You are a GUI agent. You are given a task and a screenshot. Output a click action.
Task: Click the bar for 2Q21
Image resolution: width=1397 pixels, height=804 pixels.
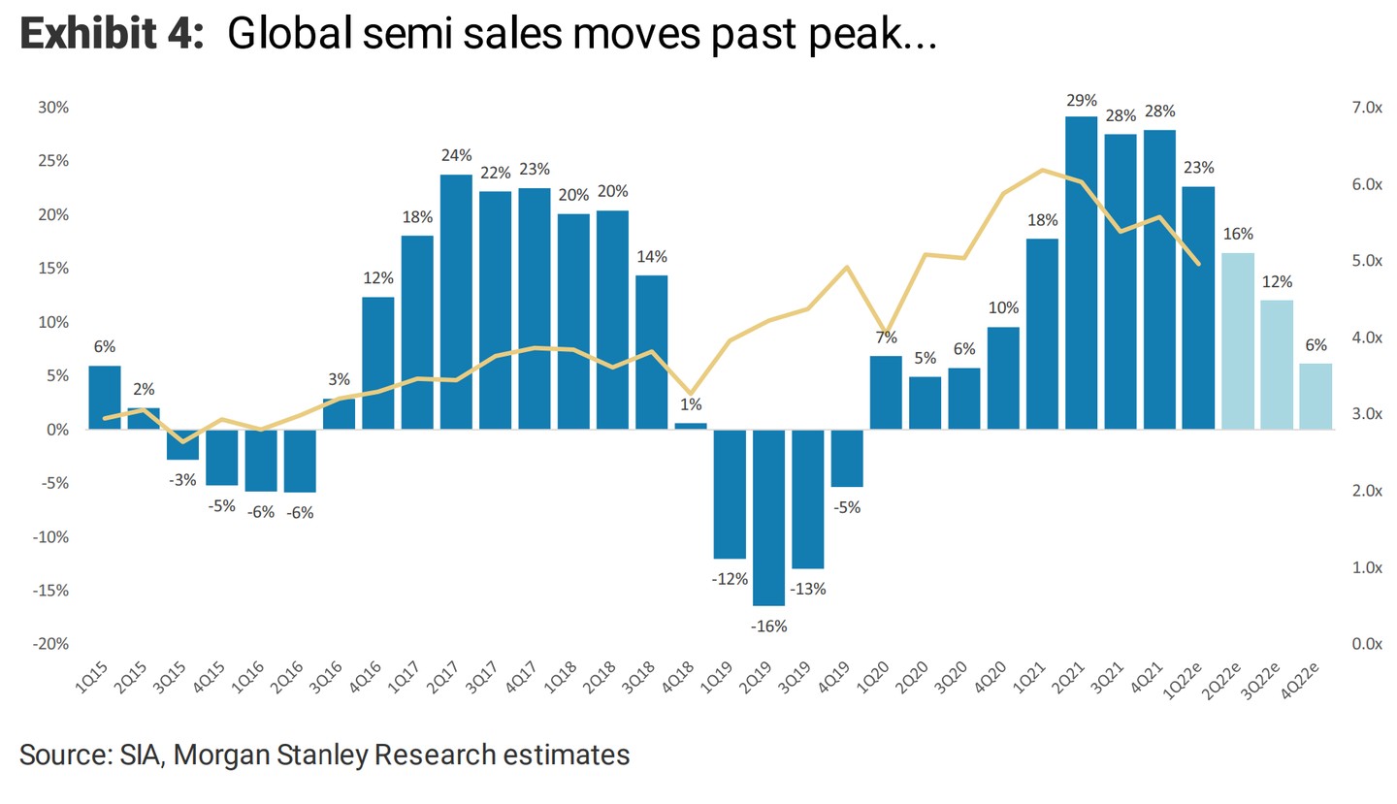pos(1081,273)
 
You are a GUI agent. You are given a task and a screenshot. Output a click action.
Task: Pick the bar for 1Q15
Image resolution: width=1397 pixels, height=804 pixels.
pos(105,397)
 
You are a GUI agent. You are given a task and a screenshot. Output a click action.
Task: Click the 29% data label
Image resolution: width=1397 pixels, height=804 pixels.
pos(1081,100)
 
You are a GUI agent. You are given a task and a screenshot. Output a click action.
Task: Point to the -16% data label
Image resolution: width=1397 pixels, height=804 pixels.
pos(768,627)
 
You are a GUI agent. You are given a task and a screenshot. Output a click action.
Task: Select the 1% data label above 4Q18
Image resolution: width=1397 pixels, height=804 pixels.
pos(691,405)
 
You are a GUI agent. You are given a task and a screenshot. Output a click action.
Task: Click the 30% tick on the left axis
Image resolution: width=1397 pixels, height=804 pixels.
pos(53,108)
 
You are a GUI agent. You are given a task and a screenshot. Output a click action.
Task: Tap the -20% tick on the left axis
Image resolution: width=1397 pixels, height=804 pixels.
pos(51,644)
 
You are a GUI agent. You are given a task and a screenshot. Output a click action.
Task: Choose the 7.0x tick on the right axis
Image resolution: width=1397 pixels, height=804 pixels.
pos(1366,108)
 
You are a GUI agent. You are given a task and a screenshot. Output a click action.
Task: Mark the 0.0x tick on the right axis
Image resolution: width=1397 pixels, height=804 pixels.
pos(1366,644)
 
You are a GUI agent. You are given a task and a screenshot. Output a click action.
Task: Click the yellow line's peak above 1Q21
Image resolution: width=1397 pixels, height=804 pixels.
pos(1042,170)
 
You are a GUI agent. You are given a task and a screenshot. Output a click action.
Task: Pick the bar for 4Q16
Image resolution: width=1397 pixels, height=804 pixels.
pos(378,363)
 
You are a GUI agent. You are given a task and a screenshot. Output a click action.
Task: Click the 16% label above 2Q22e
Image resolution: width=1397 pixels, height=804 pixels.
pos(1238,234)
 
